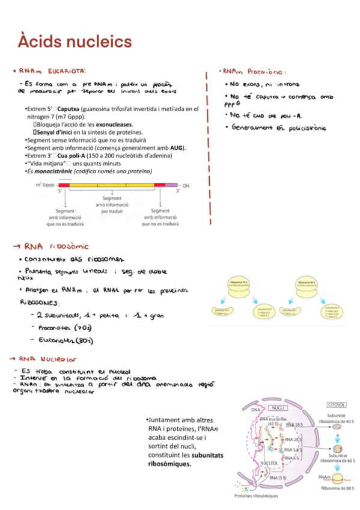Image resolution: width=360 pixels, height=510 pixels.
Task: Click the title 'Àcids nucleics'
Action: [75, 41]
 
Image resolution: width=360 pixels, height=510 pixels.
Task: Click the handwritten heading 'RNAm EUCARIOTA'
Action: [58, 71]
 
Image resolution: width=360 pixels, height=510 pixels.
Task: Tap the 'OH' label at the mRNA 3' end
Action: [186, 186]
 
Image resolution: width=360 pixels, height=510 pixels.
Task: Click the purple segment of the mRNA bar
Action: [171, 186]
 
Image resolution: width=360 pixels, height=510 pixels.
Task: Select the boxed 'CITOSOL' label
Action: [335, 405]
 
